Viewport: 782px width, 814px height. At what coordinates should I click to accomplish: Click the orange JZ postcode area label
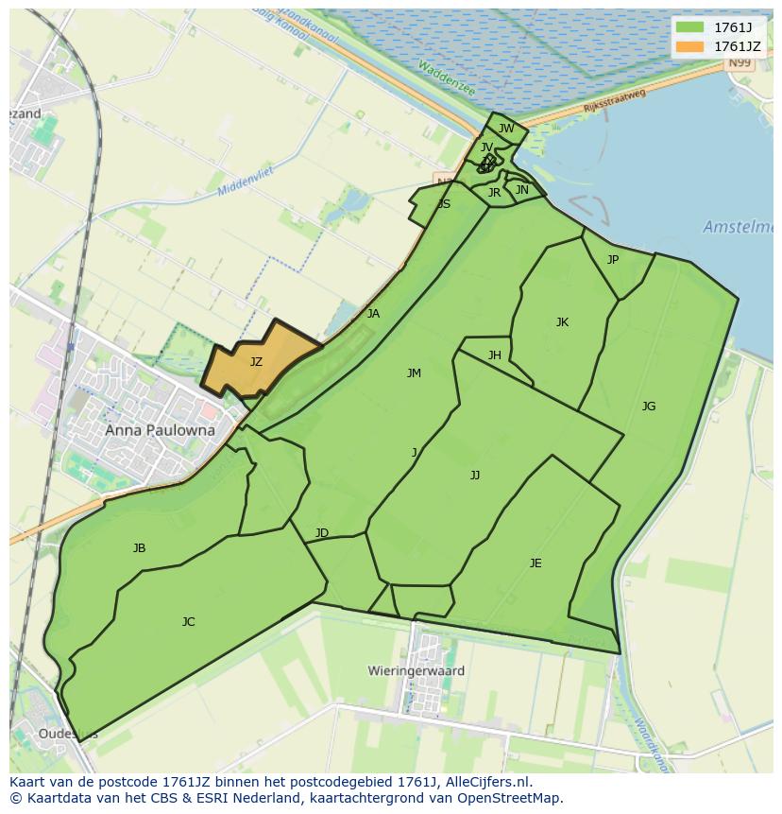pyautogui.click(x=256, y=361)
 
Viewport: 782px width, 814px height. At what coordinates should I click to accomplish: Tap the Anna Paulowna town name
pyautogui.click(x=160, y=430)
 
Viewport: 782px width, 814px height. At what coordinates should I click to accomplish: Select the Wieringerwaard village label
pyautogui.click(x=416, y=670)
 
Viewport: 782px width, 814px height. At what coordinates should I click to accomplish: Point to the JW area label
pyautogui.click(x=506, y=129)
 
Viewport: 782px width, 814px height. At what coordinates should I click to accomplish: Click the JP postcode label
pyautogui.click(x=613, y=259)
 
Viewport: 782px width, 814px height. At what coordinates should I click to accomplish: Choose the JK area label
pyautogui.click(x=562, y=322)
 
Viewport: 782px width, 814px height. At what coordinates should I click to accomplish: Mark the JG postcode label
pyautogui.click(x=649, y=407)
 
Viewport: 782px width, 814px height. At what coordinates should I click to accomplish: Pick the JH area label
pyautogui.click(x=495, y=355)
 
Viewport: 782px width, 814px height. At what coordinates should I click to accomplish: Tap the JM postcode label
pyautogui.click(x=414, y=373)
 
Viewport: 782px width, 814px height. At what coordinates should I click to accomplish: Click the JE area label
pyautogui.click(x=535, y=563)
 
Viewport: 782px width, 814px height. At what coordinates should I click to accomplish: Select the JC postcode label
pyautogui.click(x=188, y=622)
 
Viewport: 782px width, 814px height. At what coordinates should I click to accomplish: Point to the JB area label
pyautogui.click(x=139, y=548)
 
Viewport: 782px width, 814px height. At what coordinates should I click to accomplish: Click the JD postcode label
pyautogui.click(x=322, y=533)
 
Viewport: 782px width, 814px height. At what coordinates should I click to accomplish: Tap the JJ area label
pyautogui.click(x=475, y=476)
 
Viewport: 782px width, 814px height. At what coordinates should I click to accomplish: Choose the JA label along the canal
pyautogui.click(x=373, y=314)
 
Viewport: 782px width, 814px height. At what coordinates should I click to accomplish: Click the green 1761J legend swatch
pyautogui.click(x=690, y=26)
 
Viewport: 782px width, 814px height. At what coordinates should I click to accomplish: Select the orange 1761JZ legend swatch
pyautogui.click(x=690, y=45)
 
